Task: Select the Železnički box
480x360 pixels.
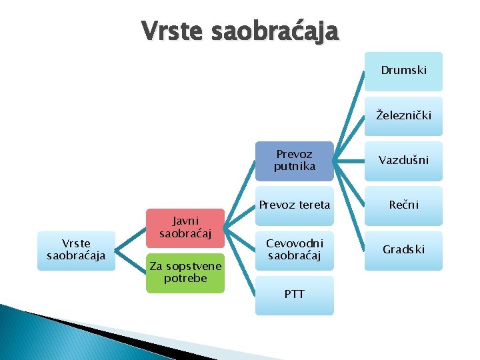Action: [x=403, y=116]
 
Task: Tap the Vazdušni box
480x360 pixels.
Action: [x=403, y=161]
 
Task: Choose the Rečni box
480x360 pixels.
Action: [x=403, y=205]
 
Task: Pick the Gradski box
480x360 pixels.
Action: [x=403, y=250]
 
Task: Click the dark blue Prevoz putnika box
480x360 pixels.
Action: [x=294, y=161]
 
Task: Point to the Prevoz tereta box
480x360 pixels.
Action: [x=294, y=205]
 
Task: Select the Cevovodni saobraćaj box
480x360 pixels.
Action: [x=294, y=250]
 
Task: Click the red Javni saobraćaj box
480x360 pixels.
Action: [x=185, y=227]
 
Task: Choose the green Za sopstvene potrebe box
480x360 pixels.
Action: [x=185, y=272]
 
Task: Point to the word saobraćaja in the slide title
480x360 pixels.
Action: [x=275, y=30]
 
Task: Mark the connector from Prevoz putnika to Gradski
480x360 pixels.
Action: [x=349, y=205]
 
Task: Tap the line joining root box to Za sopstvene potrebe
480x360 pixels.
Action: [x=131, y=261]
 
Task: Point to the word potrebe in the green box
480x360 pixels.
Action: [x=185, y=278]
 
